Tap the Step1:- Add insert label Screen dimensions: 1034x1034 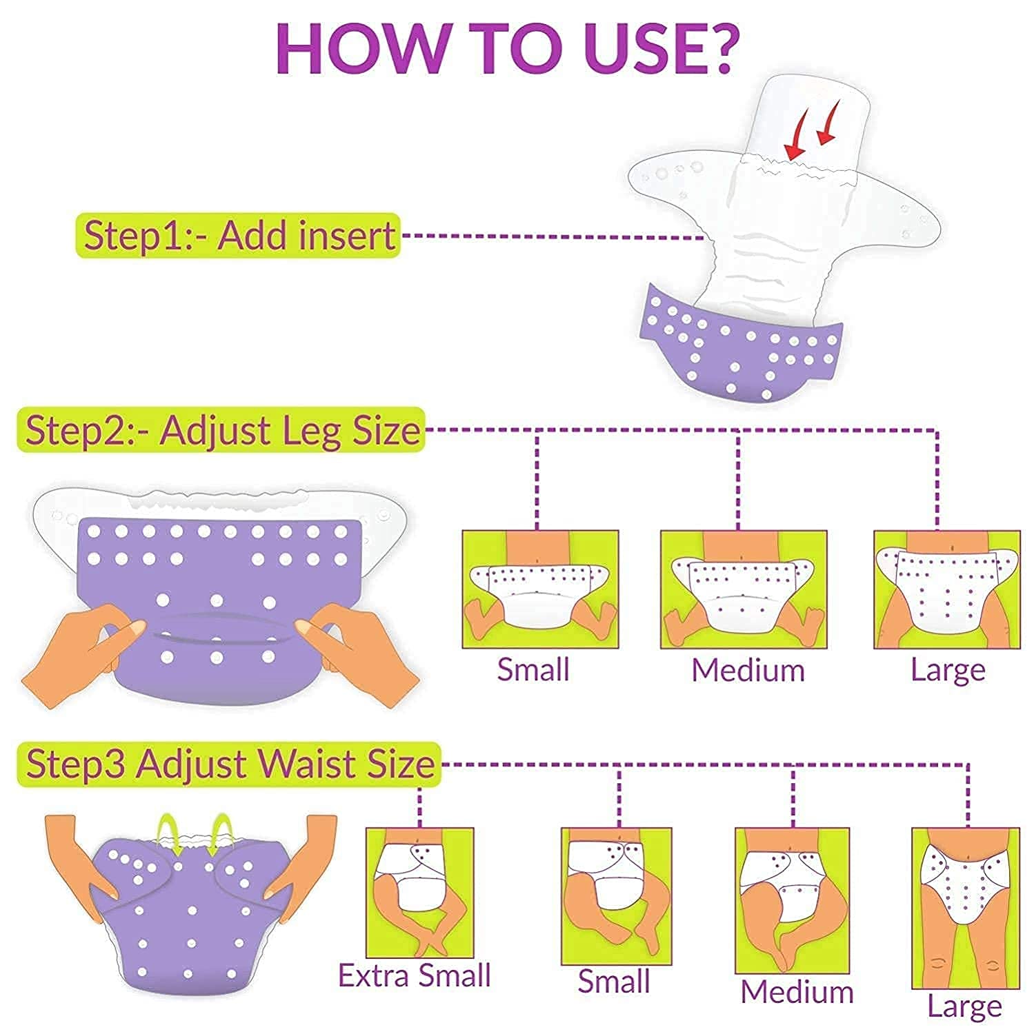coord(238,235)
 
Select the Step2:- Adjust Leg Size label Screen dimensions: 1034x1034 coord(221,430)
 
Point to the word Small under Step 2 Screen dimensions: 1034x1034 coord(533,669)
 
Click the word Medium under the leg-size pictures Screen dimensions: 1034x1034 coord(748,670)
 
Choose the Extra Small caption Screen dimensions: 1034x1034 coord(415,975)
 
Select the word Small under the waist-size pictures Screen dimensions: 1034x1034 coord(614,981)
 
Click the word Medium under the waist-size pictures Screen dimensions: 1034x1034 coord(797,992)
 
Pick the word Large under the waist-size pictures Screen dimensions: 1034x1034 coord(964,1007)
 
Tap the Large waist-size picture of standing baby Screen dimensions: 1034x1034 coord(965,909)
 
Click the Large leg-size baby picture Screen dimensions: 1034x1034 coord(946,589)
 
